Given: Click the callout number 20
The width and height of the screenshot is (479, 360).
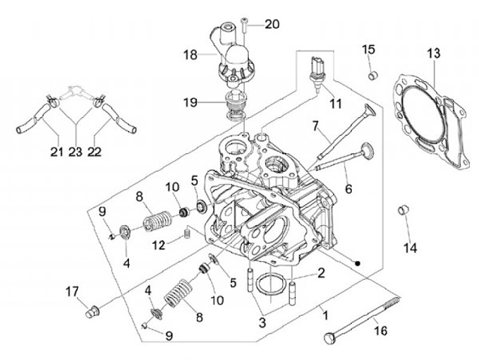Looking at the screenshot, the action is tap(272, 24).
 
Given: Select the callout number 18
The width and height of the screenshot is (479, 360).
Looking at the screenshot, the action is tap(190, 55).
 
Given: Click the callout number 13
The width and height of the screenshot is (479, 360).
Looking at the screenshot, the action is tap(434, 53).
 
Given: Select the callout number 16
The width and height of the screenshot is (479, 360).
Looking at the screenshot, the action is tap(381, 330).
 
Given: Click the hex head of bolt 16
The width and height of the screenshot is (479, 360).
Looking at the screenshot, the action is tap(329, 338).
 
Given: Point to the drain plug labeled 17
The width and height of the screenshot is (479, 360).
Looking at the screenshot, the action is tap(92, 311).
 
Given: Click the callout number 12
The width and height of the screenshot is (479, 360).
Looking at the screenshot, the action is tap(159, 245).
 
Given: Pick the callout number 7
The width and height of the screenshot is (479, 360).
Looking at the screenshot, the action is tap(315, 126).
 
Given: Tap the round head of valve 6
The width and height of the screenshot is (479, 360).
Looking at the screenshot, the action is tap(367, 149).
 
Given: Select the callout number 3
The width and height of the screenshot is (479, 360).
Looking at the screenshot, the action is tap(262, 323).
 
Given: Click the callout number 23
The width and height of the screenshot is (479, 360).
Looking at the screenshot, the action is tap(75, 152).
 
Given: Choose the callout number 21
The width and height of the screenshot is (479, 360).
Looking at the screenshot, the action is tap(57, 152).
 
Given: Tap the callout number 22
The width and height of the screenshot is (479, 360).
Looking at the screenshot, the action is tap(94, 152).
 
